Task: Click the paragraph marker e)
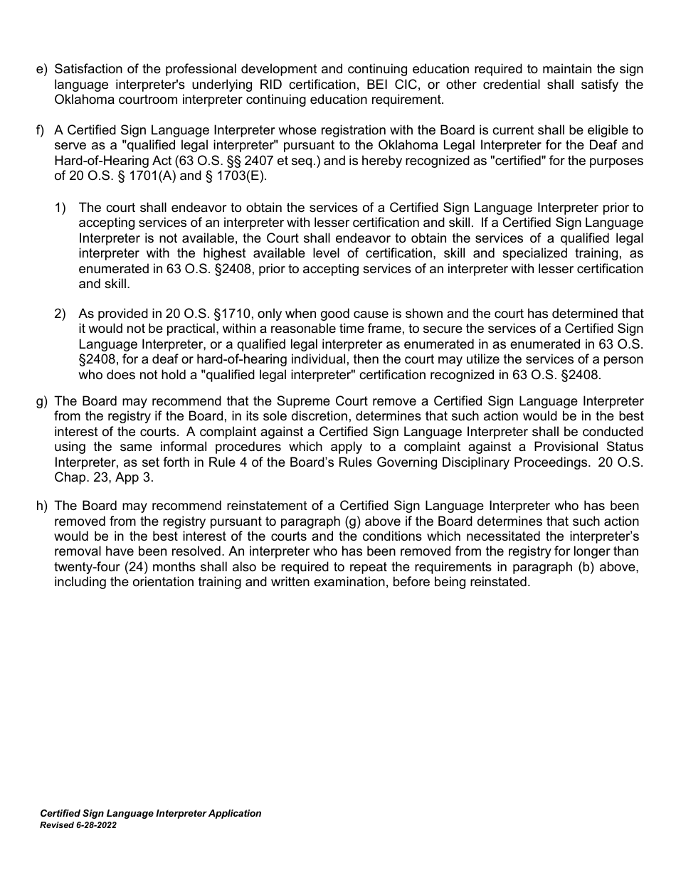[x=41, y=69]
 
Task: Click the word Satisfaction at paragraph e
[x=87, y=69]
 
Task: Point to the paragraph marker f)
[x=41, y=130]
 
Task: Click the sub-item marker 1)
[x=60, y=208]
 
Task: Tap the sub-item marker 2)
[x=60, y=314]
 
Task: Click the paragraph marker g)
[x=41, y=401]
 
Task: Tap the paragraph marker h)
[x=41, y=506]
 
